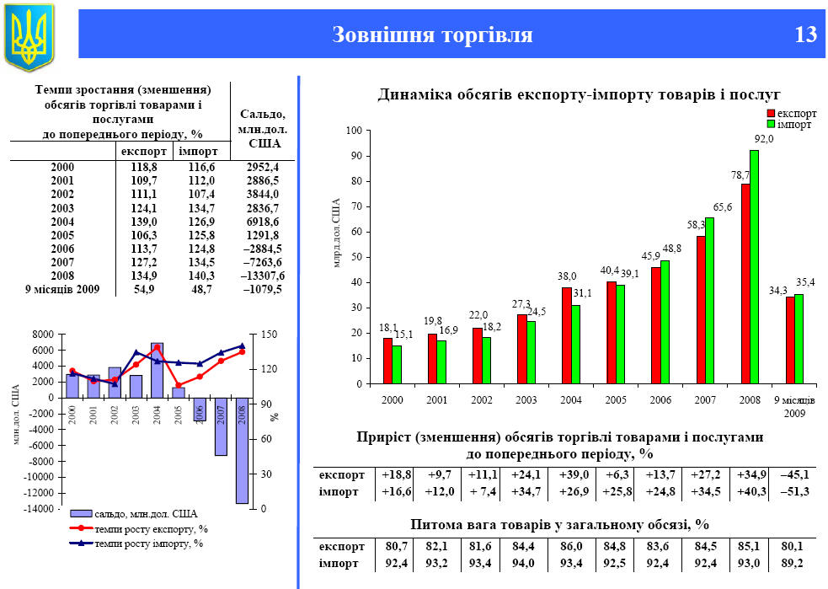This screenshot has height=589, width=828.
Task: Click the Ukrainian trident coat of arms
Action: (29, 36)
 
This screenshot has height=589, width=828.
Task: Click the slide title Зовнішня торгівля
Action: (432, 35)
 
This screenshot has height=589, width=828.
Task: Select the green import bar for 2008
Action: (755, 266)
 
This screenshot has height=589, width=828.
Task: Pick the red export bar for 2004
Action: (566, 335)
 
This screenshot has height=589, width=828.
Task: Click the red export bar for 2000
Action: (387, 361)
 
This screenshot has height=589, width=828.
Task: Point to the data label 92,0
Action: (763, 139)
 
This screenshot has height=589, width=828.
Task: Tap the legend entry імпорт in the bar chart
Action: (794, 124)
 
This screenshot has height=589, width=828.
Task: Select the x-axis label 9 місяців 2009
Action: (793, 405)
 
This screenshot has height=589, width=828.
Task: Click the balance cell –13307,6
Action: (258, 276)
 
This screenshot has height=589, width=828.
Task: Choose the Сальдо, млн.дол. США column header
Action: (262, 128)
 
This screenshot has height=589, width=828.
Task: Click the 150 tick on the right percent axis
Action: (267, 335)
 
